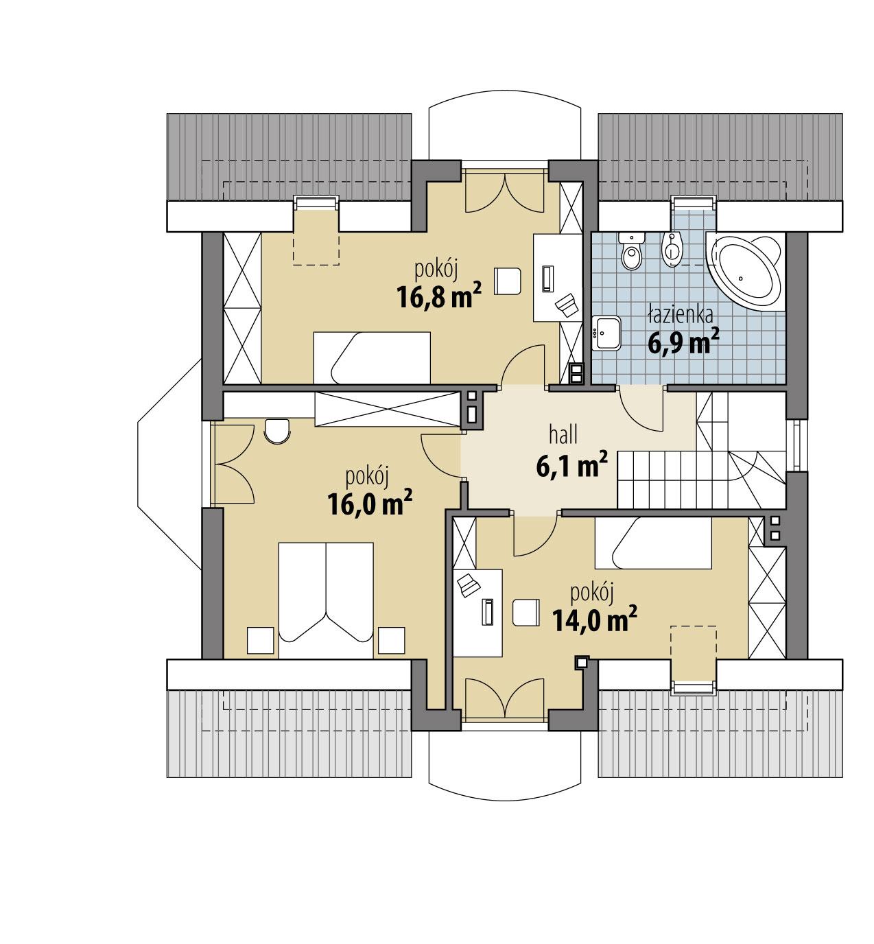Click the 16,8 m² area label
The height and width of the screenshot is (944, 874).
437,297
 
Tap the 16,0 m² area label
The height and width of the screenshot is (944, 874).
369,504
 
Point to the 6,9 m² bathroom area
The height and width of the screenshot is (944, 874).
683,341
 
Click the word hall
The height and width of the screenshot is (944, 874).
563,434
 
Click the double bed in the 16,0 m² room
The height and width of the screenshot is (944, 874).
326,600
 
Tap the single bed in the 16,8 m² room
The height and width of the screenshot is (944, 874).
373,357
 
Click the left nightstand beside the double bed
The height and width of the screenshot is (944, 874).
261,640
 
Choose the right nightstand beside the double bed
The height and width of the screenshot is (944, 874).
391,640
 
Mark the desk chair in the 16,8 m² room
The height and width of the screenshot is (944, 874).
508,279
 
